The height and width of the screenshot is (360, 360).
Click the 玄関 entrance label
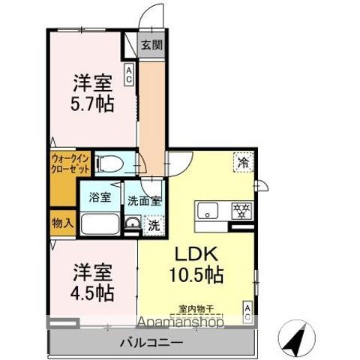click(x=151, y=45)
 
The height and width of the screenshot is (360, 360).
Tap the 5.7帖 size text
click(x=92, y=103)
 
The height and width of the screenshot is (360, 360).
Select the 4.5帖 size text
click(x=92, y=292)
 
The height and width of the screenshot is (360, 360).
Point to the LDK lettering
click(x=196, y=254)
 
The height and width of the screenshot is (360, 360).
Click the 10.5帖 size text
click(x=196, y=274)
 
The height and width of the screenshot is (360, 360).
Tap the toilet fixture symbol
click(x=109, y=164)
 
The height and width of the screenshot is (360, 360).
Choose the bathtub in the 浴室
click(x=100, y=223)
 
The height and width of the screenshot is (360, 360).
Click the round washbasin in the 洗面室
click(x=132, y=223)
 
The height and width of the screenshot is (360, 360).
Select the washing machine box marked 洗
click(x=154, y=226)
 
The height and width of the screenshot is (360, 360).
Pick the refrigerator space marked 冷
click(x=244, y=162)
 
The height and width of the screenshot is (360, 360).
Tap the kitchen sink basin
click(x=208, y=210)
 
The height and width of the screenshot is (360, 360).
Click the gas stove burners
click(x=241, y=211)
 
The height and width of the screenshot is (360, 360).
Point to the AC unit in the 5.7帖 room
click(x=129, y=74)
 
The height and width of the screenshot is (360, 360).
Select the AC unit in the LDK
click(x=247, y=313)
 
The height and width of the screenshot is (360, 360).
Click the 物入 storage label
click(x=62, y=223)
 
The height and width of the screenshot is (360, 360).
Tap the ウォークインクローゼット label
click(x=70, y=163)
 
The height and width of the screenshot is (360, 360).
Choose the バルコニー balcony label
click(x=151, y=343)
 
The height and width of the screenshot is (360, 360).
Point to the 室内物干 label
click(x=196, y=309)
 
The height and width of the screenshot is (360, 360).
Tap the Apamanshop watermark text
click(x=180, y=322)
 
